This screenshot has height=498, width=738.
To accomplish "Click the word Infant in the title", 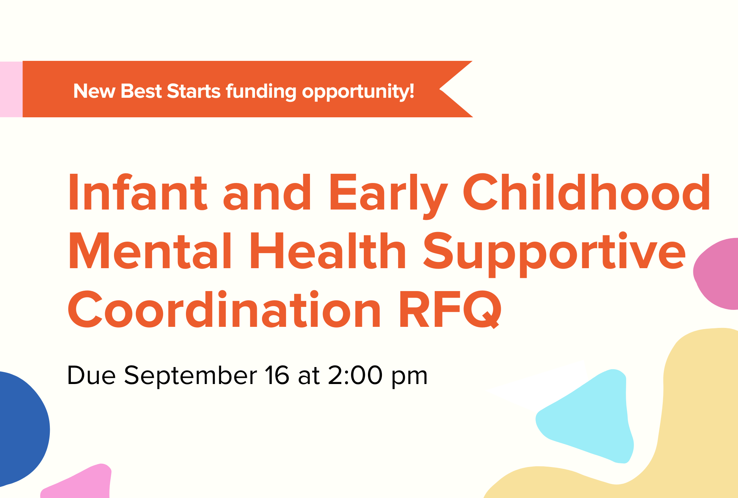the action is (138, 193).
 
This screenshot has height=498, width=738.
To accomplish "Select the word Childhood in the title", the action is (586, 193).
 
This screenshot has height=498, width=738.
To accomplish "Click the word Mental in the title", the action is (150, 251).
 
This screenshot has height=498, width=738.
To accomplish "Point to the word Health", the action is (328, 251).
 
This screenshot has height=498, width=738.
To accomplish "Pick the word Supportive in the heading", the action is (554, 255).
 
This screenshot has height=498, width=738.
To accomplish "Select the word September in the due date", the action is (190, 377).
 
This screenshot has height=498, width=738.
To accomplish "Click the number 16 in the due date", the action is (277, 376).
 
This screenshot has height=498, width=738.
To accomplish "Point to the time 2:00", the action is (355, 376).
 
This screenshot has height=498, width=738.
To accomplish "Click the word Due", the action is (91, 376).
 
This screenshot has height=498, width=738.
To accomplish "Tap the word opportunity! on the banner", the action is (358, 92).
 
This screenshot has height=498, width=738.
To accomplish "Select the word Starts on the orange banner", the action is (194, 91).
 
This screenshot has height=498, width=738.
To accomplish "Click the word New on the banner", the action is (94, 91).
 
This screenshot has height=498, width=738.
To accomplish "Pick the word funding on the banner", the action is (261, 92).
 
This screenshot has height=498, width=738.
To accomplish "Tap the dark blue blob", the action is (22, 428).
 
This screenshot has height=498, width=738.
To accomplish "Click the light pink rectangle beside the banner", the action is (11, 89).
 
